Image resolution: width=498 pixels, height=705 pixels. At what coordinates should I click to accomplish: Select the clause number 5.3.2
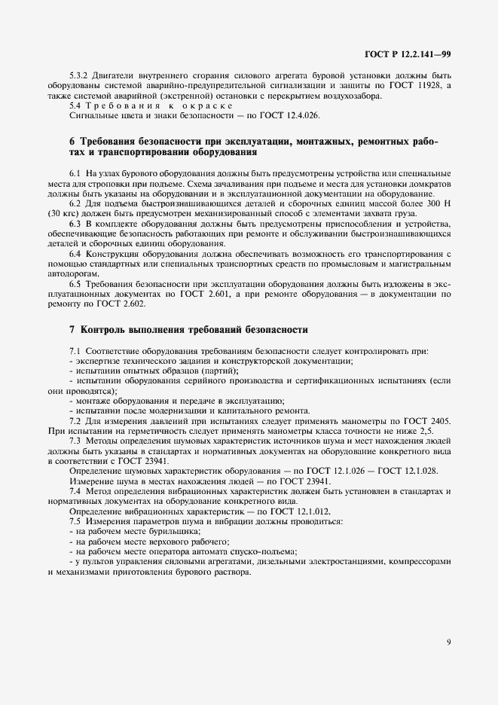click(x=80, y=76)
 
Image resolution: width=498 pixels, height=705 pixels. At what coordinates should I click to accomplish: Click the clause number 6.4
click(x=76, y=255)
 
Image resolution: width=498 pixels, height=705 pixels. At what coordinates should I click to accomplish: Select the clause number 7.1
click(x=76, y=352)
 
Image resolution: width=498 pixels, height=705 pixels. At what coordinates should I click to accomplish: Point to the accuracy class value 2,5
click(x=422, y=432)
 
